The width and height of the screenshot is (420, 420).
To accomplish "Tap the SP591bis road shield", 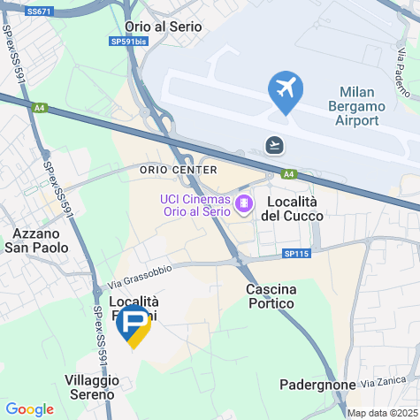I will (129, 42).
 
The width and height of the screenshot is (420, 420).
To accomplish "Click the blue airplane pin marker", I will (285, 90).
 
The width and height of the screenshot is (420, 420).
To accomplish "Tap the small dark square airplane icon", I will (276, 143).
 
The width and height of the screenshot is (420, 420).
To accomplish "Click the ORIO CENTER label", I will (178, 170).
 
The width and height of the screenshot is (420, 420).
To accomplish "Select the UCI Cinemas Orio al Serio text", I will (195, 212).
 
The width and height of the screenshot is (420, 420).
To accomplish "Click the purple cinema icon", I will (242, 203).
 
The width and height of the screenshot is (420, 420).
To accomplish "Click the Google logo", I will (29, 409).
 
